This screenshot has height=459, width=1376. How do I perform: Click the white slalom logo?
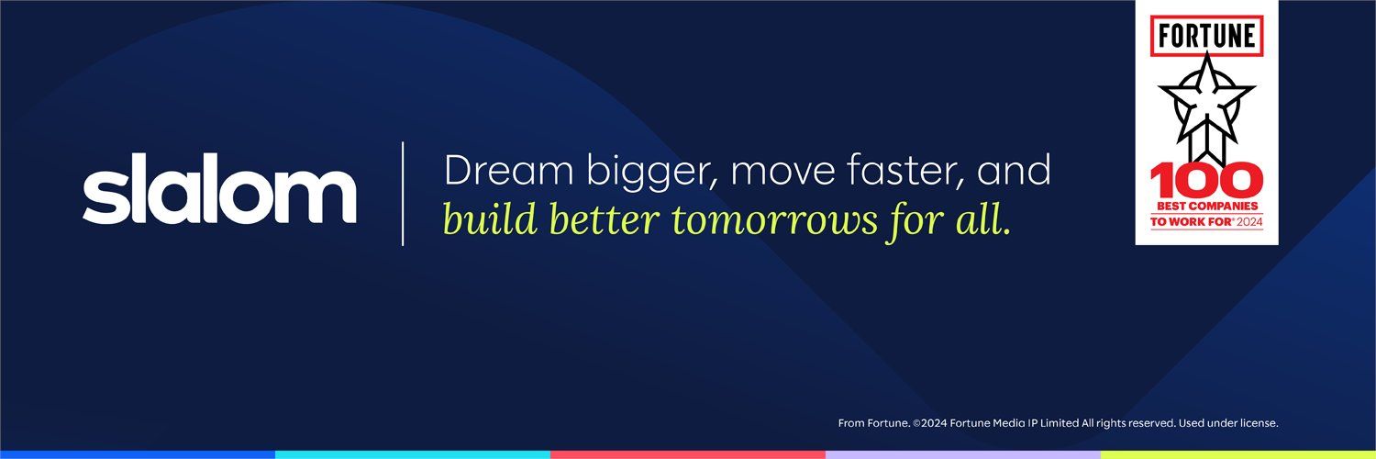(219, 188)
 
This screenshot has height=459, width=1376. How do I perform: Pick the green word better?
(604, 219)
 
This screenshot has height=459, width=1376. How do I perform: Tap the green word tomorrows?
(774, 222)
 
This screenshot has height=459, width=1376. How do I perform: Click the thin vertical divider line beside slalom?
(403, 194)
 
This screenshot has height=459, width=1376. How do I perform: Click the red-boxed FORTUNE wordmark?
(1206, 36)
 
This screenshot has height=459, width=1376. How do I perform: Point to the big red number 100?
(1206, 181)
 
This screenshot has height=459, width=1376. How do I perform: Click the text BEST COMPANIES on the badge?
(1207, 207)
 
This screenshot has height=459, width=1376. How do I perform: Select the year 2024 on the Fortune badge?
(1249, 221)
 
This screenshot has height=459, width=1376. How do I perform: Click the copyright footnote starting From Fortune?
(1058, 423)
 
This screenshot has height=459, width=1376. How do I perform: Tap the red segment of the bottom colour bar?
(688, 454)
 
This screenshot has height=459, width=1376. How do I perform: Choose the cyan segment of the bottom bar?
(413, 454)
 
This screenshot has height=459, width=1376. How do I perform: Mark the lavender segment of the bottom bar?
(963, 454)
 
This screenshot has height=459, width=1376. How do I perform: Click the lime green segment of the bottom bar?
(1238, 454)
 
